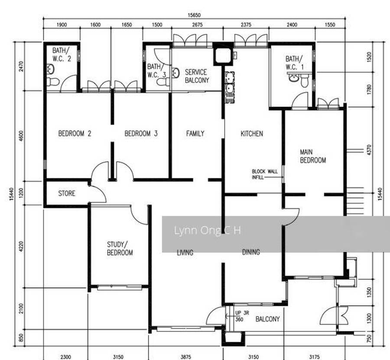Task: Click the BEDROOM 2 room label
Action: point(75,133)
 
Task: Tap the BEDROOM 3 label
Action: point(141,133)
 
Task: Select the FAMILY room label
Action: point(195,133)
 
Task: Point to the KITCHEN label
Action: point(252,133)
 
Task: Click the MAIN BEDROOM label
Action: point(313,156)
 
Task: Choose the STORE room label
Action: point(67,193)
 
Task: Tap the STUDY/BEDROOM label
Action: point(120,248)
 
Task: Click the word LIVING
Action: point(185,253)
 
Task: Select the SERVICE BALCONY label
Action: point(197,76)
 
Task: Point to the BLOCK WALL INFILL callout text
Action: point(265,174)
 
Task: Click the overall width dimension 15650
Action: point(194,15)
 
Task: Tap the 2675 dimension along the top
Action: point(197,25)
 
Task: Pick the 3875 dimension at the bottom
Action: point(186,357)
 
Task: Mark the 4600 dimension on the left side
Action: point(21,136)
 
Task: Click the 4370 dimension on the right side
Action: point(369,149)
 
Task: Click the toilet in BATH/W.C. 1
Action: point(305,80)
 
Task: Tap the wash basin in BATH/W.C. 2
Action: point(50,69)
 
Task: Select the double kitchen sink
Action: point(230,87)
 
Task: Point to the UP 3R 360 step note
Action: point(242,316)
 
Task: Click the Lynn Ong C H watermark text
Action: point(207,230)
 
